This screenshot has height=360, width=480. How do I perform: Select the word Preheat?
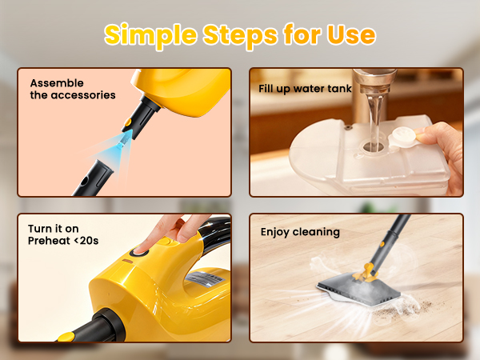(50, 242)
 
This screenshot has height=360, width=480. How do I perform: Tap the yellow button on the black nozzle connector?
(128, 122)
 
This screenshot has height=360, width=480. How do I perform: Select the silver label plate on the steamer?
(203, 281)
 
